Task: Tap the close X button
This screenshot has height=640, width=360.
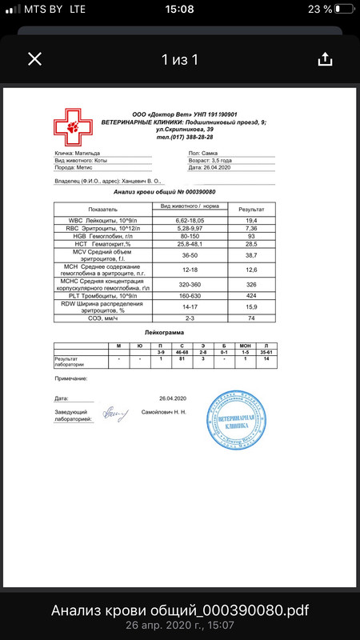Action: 34,59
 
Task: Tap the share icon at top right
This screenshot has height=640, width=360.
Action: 325,59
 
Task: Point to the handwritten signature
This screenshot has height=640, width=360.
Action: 112,414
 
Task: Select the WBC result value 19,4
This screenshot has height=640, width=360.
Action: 250,219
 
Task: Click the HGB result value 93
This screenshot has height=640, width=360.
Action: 250,236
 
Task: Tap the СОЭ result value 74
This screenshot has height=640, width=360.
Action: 250,318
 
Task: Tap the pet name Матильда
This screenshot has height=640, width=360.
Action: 88,152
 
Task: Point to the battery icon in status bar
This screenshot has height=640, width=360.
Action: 344,9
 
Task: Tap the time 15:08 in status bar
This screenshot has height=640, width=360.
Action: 180,9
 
